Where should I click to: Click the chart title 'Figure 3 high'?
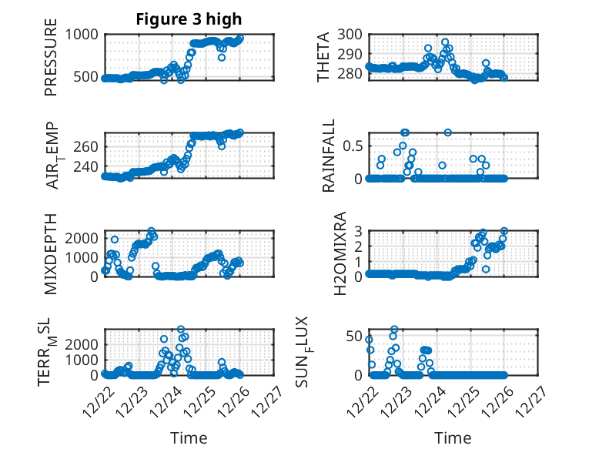pyautogui.click(x=189, y=19)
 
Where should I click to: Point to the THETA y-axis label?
pyautogui.click(x=323, y=56)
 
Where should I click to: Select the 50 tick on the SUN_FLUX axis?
pyautogui.click(x=353, y=336)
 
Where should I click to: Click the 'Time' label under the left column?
pyautogui.click(x=189, y=438)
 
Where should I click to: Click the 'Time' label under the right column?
pyautogui.click(x=453, y=438)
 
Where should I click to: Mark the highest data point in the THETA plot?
pyautogui.click(x=445, y=42)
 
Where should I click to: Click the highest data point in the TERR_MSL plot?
pyautogui.click(x=181, y=330)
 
